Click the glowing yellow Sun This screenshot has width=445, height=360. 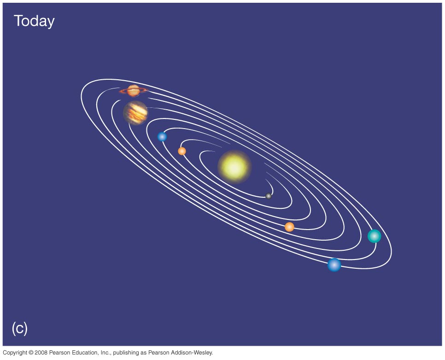(234, 167)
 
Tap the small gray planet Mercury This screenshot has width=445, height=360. (269, 196)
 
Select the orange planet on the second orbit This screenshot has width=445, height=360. (182, 151)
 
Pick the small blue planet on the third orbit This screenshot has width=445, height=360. (162, 136)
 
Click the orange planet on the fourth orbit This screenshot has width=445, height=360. (289, 227)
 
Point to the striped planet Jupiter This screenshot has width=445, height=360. (135, 113)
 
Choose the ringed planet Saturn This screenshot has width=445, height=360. (134, 91)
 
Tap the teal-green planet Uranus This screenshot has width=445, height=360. (375, 236)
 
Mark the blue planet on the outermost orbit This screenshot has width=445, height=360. (334, 265)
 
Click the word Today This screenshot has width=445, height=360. (34, 21)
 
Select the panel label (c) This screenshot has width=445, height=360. (20, 329)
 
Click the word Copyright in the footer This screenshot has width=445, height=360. (15, 353)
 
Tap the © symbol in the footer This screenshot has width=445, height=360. (31, 353)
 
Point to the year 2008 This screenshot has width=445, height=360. (41, 353)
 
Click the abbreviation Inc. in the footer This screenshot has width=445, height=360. (106, 353)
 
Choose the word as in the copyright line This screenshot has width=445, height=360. (143, 353)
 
